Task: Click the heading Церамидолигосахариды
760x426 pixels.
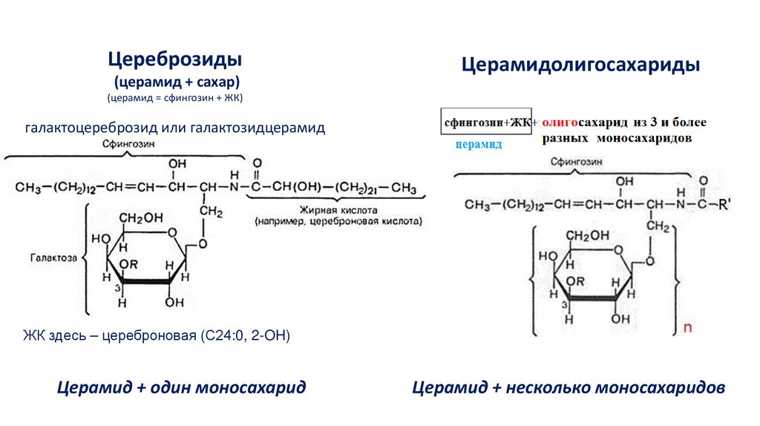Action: click(582, 65)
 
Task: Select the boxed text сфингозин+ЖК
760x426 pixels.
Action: click(486, 122)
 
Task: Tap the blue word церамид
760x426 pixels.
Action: click(479, 145)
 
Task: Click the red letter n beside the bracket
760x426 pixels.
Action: click(687, 327)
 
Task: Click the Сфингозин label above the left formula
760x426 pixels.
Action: click(129, 146)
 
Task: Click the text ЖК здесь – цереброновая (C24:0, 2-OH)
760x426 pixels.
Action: click(155, 336)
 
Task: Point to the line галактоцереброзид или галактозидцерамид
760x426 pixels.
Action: click(175, 128)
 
